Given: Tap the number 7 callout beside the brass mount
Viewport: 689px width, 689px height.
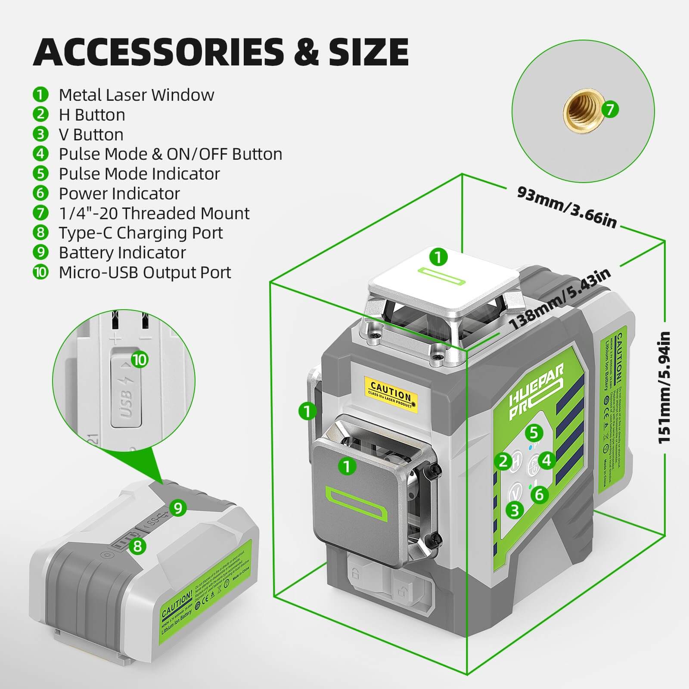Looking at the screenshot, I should (610, 110).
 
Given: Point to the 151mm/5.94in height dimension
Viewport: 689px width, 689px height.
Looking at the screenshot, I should (664, 388).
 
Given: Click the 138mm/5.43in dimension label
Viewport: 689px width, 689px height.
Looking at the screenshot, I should (560, 299).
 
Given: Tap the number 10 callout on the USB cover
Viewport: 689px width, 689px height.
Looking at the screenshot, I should (140, 360).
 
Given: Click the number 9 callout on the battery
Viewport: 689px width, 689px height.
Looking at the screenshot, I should (178, 508).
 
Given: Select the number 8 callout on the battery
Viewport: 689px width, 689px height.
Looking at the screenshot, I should (137, 546).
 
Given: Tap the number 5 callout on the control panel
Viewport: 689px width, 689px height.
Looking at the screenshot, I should (534, 432).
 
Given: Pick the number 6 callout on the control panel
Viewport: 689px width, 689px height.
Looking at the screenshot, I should (539, 494).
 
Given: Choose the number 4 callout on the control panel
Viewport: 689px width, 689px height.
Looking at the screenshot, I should (546, 460).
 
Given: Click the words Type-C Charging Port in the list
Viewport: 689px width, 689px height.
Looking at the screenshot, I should (140, 233).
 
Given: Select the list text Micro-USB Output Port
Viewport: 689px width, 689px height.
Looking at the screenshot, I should (145, 273).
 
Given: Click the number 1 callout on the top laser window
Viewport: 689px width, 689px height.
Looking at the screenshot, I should (438, 258).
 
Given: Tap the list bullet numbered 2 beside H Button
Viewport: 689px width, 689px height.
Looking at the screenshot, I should (40, 115).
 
